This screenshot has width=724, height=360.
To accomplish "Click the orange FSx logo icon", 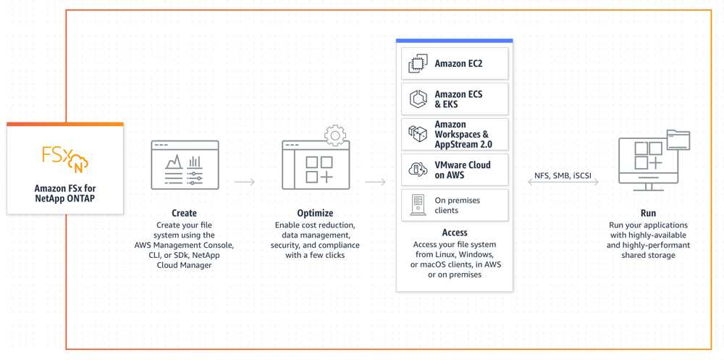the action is click(65, 159).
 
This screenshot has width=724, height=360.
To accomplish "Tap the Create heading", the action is click(184, 214).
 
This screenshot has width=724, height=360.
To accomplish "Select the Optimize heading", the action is click(315, 214).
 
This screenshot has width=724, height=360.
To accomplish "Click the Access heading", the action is click(455, 233).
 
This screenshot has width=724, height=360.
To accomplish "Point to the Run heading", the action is click(648, 214).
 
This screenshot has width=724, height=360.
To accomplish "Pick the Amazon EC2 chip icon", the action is click(418, 64).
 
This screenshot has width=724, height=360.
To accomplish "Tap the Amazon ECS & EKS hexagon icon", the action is click(418, 99).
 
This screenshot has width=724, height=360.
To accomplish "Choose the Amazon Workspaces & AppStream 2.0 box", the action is click(455, 135).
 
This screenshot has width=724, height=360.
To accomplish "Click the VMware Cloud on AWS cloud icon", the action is click(418, 169).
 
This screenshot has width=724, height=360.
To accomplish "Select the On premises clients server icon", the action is click(418, 205).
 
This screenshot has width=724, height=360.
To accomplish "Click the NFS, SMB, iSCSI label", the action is click(563, 175).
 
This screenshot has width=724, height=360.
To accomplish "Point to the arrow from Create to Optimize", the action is click(244, 182).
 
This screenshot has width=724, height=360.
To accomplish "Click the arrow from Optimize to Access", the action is click(375, 182).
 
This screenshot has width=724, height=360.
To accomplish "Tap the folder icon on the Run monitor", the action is click(678, 140).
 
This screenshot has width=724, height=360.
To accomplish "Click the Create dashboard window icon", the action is click(185, 165).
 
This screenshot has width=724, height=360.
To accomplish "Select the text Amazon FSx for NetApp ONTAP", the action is click(65, 194).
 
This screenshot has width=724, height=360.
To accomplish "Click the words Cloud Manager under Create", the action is click(184, 265).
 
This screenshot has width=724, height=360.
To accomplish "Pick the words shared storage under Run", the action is click(648, 255).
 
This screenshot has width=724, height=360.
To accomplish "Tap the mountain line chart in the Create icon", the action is click(174, 162).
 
